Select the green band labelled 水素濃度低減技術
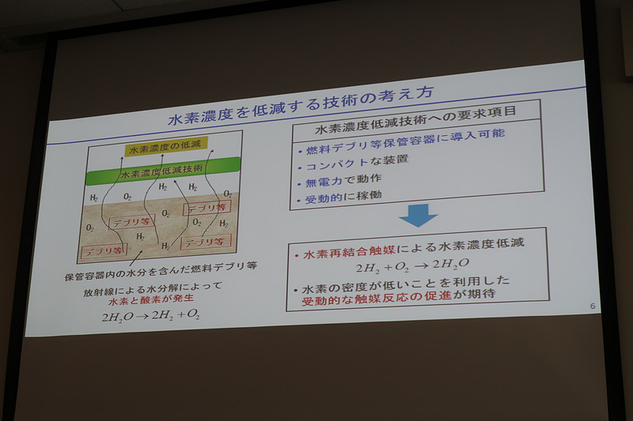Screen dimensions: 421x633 pyautogui.click(x=162, y=167)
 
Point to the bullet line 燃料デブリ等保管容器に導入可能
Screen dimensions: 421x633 pyautogui.click(x=404, y=146)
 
